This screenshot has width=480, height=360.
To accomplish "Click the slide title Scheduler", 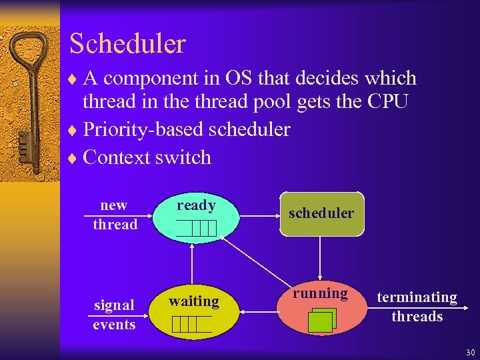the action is (127, 44).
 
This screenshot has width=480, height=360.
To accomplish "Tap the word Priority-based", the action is (143, 129).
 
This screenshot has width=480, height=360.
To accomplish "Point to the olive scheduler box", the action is (321, 214).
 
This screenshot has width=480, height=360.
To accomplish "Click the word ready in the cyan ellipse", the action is (196, 205).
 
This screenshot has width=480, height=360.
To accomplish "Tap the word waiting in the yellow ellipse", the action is (193, 301).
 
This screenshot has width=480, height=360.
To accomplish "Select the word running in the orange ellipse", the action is (321, 293).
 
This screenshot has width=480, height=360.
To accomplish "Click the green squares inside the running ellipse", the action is (322, 319).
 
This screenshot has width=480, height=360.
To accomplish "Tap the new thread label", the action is (115, 215).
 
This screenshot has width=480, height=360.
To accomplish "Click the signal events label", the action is (114, 315).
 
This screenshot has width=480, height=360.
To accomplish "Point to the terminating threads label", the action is (417, 307).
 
